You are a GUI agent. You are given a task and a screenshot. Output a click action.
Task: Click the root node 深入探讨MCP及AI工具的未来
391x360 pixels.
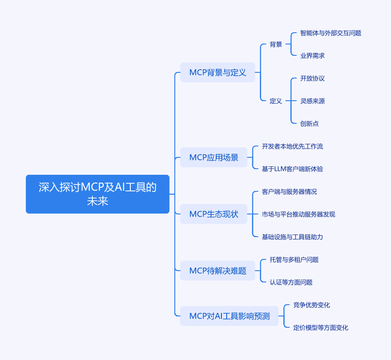98,194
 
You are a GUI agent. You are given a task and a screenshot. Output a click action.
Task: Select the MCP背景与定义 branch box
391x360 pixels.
218,72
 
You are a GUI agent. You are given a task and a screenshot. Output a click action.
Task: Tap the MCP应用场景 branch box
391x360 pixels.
214,157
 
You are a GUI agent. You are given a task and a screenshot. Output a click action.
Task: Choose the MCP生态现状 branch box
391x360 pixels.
214,214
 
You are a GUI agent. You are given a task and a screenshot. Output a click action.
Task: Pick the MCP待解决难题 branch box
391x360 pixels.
218,271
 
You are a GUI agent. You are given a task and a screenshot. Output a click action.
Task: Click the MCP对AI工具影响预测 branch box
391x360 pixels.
229,316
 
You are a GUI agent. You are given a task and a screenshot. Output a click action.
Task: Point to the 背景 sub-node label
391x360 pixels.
276,44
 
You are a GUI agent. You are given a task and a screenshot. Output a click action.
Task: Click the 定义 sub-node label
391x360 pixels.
276,101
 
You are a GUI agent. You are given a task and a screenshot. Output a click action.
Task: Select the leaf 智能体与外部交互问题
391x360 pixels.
331,33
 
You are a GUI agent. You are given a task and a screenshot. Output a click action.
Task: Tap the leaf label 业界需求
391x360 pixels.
313,56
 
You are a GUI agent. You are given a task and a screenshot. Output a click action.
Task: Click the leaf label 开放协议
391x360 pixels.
313,78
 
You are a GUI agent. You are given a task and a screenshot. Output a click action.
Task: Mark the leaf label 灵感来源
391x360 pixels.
313,101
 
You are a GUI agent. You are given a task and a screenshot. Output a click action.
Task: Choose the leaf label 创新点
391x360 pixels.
309,124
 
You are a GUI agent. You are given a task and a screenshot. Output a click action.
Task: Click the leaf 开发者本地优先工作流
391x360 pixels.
292,146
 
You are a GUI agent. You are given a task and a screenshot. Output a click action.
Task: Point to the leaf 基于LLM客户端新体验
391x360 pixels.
292,169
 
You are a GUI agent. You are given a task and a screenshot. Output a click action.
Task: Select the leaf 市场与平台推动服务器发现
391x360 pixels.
299,214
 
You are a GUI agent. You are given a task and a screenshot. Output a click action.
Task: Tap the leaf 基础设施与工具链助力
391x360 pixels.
292,237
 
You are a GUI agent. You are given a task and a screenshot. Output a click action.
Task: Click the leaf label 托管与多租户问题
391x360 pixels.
294,259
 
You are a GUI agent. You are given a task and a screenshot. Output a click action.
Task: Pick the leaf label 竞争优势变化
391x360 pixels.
312,305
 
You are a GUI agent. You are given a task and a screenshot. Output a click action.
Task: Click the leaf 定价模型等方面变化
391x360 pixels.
321,328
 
